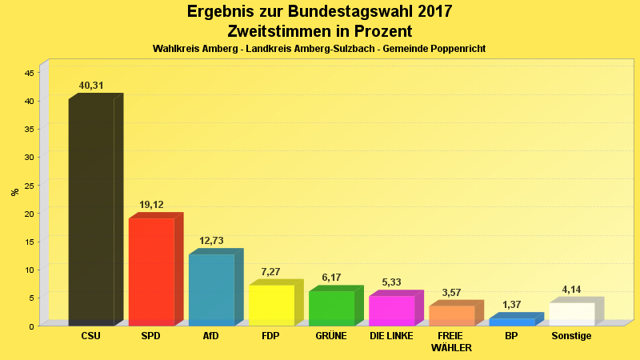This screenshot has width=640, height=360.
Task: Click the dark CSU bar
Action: pyautogui.click(x=91, y=212)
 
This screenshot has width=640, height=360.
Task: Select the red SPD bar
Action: pyautogui.click(x=151, y=271)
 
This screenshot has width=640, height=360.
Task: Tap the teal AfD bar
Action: pyautogui.click(x=211, y=290)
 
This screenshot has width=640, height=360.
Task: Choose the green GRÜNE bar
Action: pyautogui.click(x=331, y=308)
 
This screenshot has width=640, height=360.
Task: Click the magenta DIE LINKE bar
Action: pyautogui.click(x=391, y=310)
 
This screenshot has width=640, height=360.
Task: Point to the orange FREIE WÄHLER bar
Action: pyautogui.click(x=451, y=315)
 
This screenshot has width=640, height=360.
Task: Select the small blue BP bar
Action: pyautogui.click(x=511, y=322)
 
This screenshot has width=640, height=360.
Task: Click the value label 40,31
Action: pyautogui.click(x=91, y=86)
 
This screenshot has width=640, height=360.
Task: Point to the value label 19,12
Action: pyautogui.click(x=151, y=205)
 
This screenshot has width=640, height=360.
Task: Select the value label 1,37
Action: pyautogui.click(x=511, y=305)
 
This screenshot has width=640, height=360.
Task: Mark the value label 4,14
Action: pyautogui.click(x=571, y=290)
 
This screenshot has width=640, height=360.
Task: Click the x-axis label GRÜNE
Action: pyautogui.click(x=331, y=336)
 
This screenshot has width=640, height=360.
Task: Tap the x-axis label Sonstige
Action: pyautogui.click(x=571, y=336)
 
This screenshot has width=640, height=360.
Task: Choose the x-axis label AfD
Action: pyautogui.click(x=211, y=336)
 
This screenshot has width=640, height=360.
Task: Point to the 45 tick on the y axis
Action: pyautogui.click(x=29, y=73)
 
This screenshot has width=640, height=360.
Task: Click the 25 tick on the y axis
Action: pyautogui.click(x=29, y=186)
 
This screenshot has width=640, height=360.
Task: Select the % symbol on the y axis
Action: pyautogui.click(x=14, y=192)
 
